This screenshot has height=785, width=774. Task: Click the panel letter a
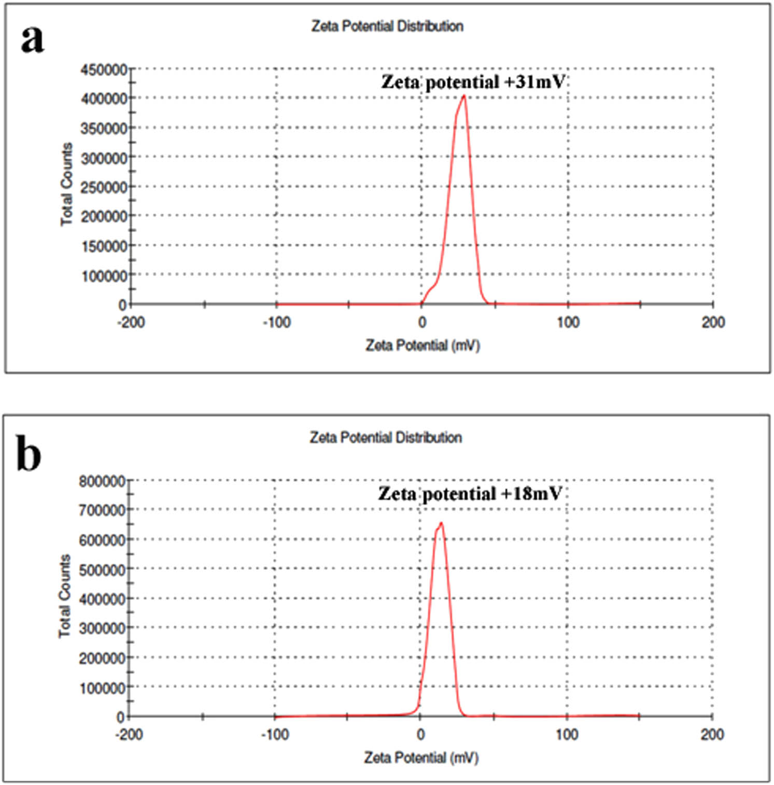pyautogui.click(x=32, y=39)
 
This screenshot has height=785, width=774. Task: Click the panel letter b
pyautogui.click(x=29, y=454)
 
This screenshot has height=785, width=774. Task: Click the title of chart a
pyautogui.click(x=387, y=26)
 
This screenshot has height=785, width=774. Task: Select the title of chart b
pyautogui.click(x=386, y=437)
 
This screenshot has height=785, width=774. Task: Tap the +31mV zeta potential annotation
pyautogui.click(x=472, y=82)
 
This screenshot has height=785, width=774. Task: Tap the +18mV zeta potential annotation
pyautogui.click(x=470, y=493)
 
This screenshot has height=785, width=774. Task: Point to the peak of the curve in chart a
pyautogui.click(x=464, y=96)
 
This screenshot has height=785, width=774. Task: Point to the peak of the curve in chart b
pyautogui.click(x=441, y=523)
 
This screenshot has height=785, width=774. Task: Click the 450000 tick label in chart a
pyautogui.click(x=104, y=69)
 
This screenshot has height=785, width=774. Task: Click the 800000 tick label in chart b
pyautogui.click(x=102, y=481)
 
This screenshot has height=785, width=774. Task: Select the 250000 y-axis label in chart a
pyautogui.click(x=104, y=187)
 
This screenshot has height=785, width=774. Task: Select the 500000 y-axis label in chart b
pyautogui.click(x=102, y=569)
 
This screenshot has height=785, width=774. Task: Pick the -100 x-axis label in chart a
pyautogui.click(x=276, y=322)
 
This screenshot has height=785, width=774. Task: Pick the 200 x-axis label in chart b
pyautogui.click(x=712, y=734)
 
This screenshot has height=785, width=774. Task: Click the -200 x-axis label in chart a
pyautogui.click(x=131, y=322)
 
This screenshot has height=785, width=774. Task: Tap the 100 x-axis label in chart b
pyautogui.click(x=567, y=734)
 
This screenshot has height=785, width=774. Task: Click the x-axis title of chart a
pyautogui.click(x=423, y=345)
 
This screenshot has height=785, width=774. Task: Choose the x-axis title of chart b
pyautogui.click(x=421, y=758)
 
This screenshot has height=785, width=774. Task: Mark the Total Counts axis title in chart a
pyautogui.click(x=66, y=184)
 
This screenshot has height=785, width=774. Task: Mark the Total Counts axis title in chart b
pyautogui.click(x=64, y=596)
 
